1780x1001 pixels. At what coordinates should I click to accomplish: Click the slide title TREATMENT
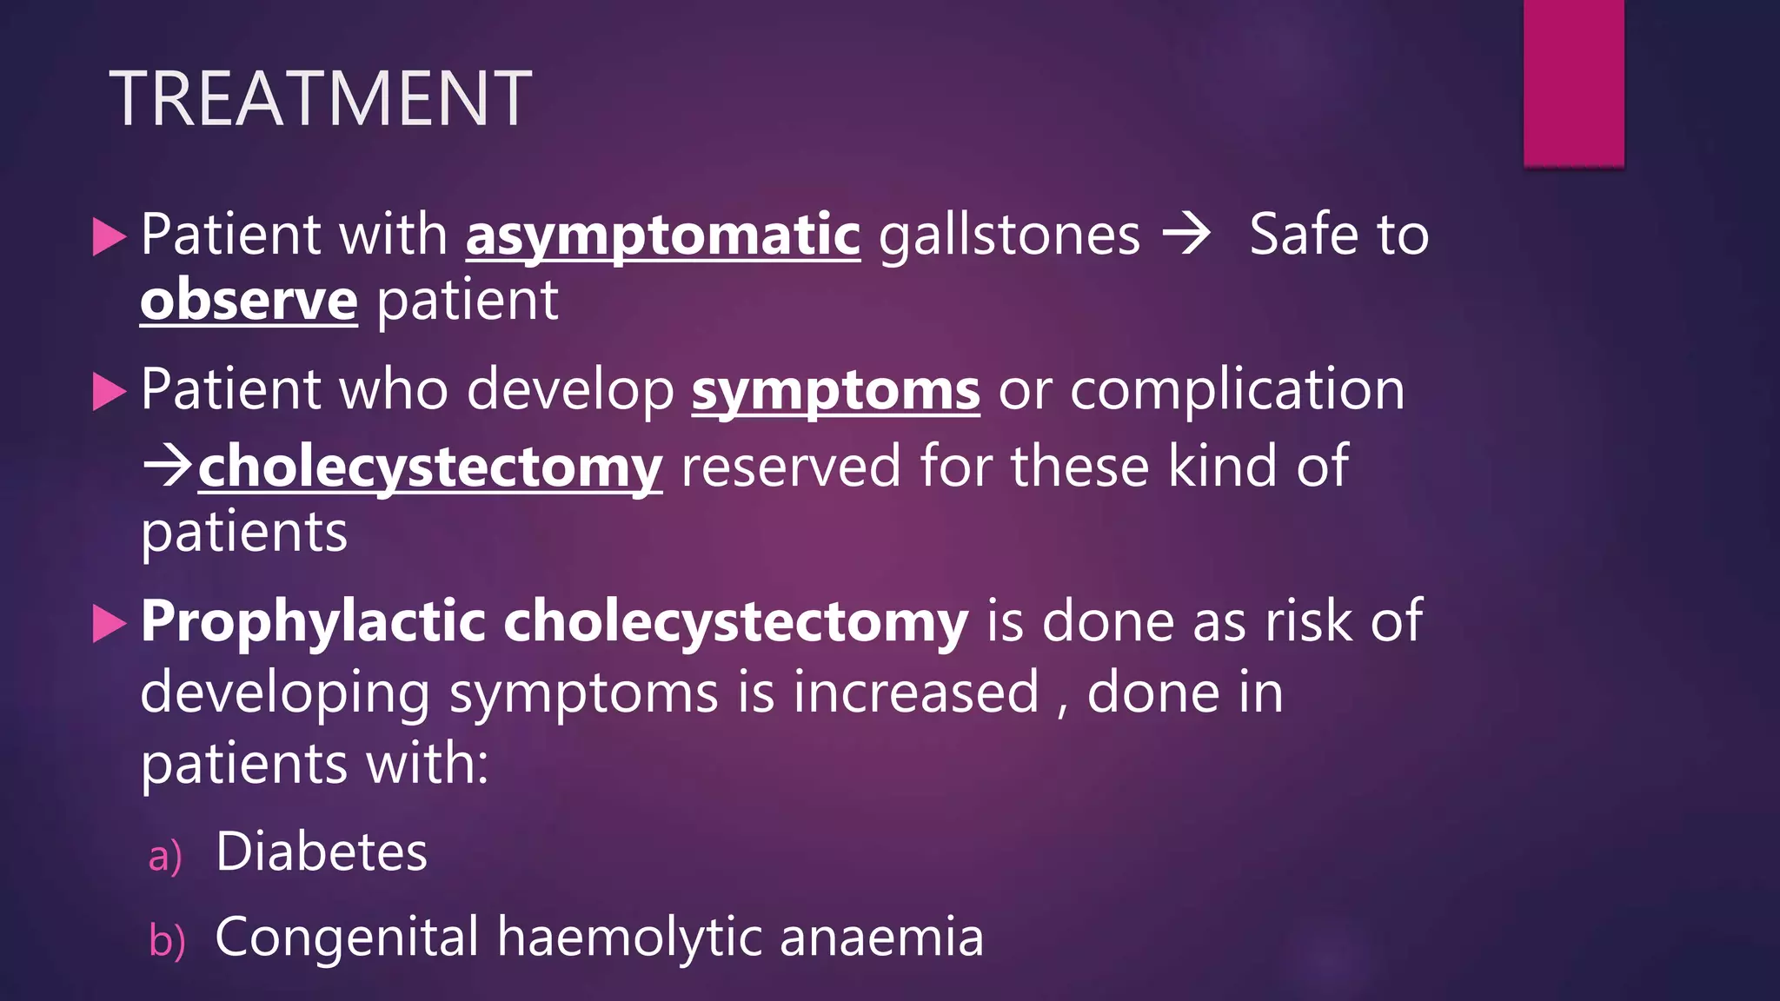point(320,98)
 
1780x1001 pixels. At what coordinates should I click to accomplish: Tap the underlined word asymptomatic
point(663,235)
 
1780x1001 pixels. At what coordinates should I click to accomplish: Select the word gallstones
point(1009,235)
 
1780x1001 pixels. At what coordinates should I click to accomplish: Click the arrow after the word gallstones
point(1186,234)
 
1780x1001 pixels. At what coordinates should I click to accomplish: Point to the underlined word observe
point(249,301)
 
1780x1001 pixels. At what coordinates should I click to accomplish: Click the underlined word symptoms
point(835,390)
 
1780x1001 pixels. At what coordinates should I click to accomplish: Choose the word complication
point(1237,390)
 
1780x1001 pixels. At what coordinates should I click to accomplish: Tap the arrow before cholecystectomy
point(168,465)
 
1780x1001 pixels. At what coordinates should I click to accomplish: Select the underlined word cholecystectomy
point(430,467)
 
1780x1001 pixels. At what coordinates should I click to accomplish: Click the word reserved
point(791,467)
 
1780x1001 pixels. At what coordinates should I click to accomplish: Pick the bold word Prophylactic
point(313,622)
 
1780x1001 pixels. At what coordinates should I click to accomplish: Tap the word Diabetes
point(322,852)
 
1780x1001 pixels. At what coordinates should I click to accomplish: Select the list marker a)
point(164,856)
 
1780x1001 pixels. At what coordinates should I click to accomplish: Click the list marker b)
point(166,940)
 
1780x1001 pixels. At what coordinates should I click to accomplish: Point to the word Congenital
point(347,938)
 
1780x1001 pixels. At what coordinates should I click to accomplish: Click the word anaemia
point(881,938)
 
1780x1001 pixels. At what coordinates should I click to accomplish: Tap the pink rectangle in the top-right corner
point(1573,83)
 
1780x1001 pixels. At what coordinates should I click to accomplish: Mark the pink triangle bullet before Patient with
point(110,237)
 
